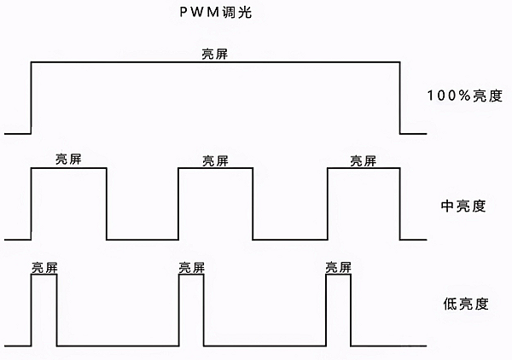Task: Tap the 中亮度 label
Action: (463, 206)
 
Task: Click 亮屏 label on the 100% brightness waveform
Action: (214, 54)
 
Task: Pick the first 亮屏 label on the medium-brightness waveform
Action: (68, 160)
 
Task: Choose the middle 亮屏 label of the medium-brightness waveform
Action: (215, 160)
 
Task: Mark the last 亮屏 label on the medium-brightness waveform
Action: (364, 160)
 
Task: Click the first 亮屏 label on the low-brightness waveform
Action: (44, 267)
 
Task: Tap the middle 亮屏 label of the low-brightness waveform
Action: (191, 267)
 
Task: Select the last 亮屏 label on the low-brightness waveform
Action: (339, 267)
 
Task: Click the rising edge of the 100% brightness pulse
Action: (31, 98)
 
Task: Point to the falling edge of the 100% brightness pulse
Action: (400, 98)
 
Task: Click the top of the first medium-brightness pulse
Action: (68, 169)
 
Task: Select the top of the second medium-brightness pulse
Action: (216, 169)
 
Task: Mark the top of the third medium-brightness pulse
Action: (364, 169)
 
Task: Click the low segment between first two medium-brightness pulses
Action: (143, 239)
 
